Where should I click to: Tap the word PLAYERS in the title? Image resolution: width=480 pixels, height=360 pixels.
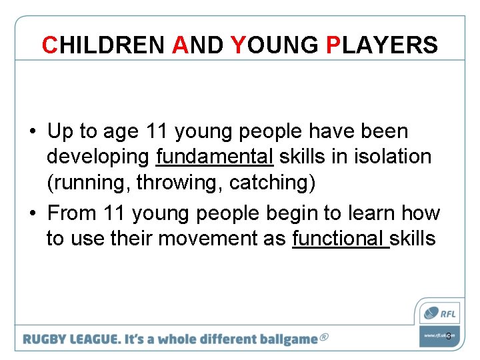[x=382, y=45]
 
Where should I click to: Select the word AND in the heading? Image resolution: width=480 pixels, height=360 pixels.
[x=197, y=45]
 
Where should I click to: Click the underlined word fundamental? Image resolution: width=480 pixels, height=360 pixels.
[x=215, y=157]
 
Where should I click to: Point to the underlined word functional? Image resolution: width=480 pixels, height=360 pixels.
[x=340, y=238]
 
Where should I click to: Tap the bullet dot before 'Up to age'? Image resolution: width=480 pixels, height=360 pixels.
[x=33, y=132]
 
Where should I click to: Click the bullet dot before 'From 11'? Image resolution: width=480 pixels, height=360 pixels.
[x=33, y=213]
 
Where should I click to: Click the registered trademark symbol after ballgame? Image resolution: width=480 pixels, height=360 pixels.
[x=324, y=337]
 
